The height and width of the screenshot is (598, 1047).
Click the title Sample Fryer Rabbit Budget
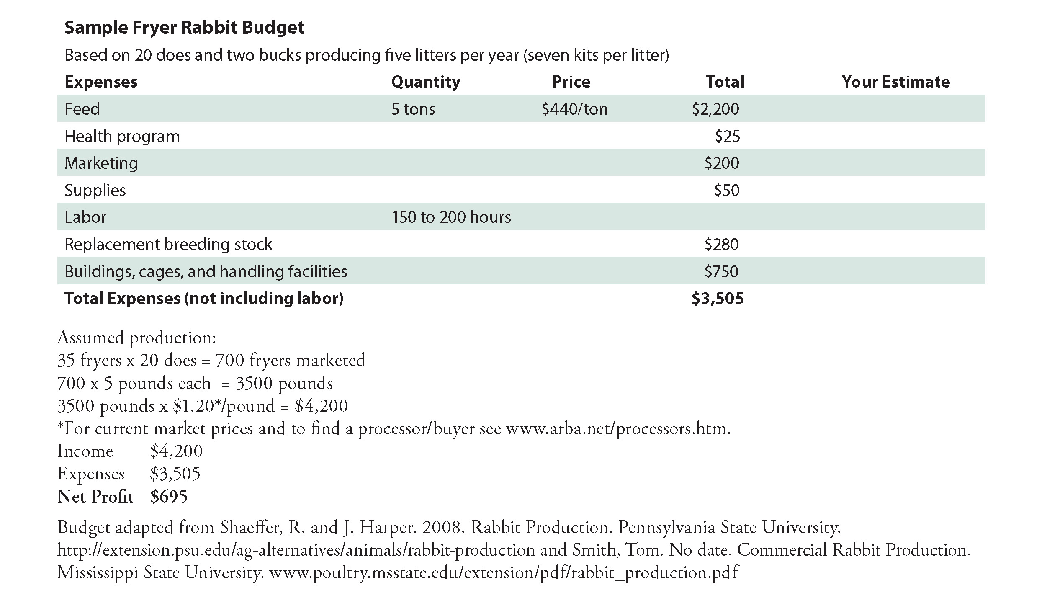pos(184,28)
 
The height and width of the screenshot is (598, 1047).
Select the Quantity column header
pos(425,82)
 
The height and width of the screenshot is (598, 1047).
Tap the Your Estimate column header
pos(895,82)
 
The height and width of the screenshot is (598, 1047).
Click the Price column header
pos(571,82)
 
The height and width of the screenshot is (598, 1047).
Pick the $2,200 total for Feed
pos(715,109)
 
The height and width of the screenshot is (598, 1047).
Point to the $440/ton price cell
pos(574,109)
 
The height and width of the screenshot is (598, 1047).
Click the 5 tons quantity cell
pos(413,109)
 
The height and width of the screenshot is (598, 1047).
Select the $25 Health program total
pos(727,136)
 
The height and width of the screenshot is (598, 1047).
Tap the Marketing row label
pos(101,163)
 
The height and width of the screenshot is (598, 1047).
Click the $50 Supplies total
pos(727,190)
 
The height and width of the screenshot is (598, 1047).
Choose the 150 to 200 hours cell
pos(451,217)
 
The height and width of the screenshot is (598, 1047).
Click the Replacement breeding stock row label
pos(168,244)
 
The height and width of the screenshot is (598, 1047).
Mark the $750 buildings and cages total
pos(721,271)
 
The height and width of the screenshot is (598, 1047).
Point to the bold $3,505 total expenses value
pos(718,299)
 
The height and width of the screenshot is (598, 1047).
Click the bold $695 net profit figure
pos(169,497)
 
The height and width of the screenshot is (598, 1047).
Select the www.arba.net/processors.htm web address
pos(618,428)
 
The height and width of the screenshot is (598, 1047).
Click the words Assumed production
pos(136,338)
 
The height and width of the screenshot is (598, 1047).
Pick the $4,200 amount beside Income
pos(176,451)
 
